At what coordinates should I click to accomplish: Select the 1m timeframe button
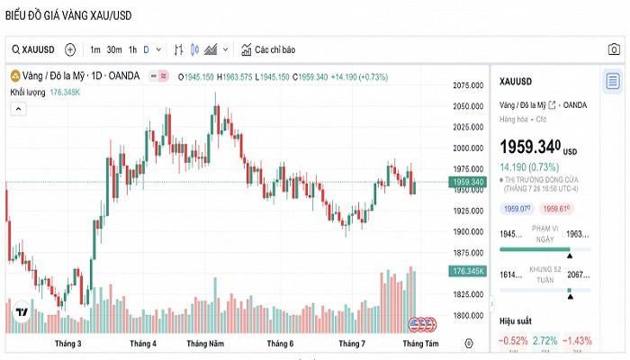tap(95, 49)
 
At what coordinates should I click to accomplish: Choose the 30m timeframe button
tap(113, 49)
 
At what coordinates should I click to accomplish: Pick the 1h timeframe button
tap(132, 49)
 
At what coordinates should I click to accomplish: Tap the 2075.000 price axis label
tap(469, 85)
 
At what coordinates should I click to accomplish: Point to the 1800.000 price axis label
tap(469, 316)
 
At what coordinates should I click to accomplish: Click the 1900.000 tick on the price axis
tap(469, 232)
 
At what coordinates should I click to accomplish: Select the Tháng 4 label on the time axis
tap(142, 344)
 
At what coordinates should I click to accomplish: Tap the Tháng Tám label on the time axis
tap(420, 344)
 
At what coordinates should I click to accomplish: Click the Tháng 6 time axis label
tap(280, 344)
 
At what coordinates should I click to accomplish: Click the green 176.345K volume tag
tap(469, 271)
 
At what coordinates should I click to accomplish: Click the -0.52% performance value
tap(514, 341)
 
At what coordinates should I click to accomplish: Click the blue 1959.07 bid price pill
tap(517, 209)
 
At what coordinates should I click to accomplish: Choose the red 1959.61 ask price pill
tap(558, 209)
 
